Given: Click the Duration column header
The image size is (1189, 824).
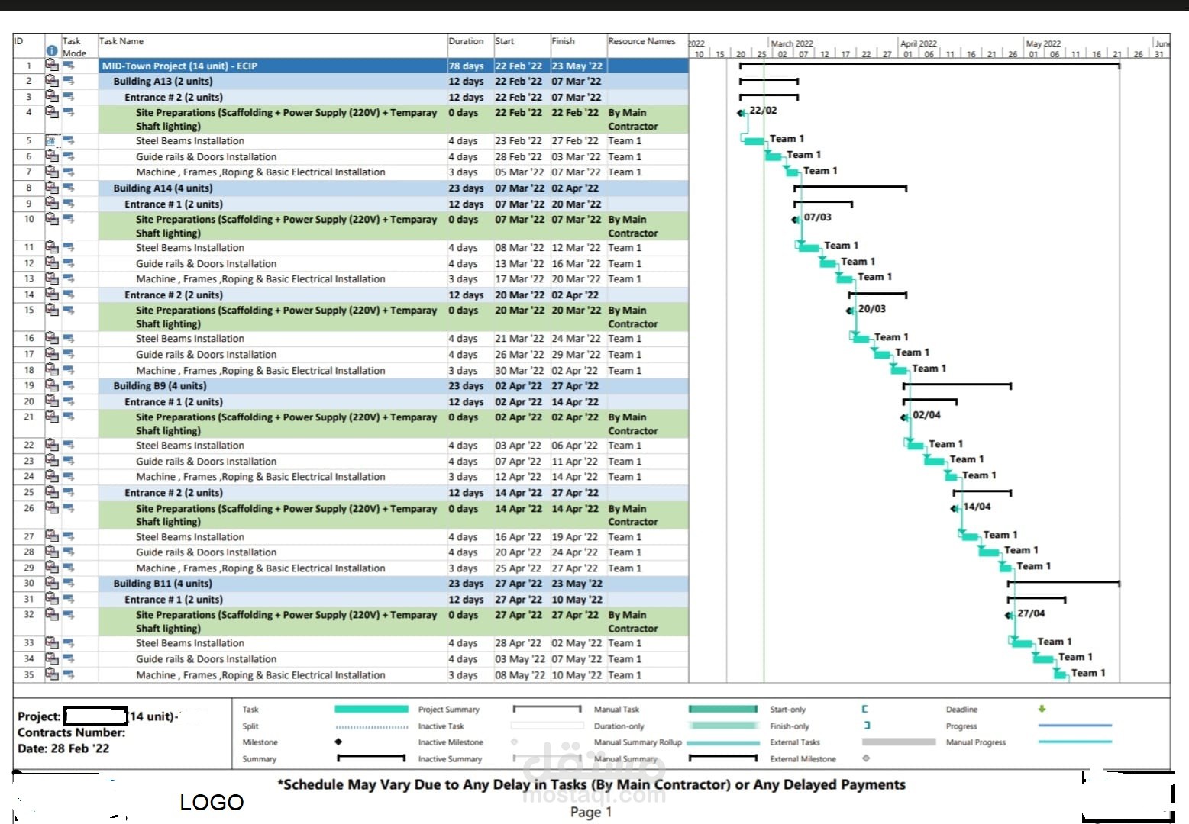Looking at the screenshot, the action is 466,41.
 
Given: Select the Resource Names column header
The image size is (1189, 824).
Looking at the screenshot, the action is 641,41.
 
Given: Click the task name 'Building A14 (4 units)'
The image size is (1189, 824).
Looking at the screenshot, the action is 163,188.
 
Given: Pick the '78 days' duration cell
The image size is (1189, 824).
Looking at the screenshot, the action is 466,66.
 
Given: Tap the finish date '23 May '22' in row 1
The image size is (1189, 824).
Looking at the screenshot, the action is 577,66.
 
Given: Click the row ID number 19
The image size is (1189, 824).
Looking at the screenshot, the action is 29,385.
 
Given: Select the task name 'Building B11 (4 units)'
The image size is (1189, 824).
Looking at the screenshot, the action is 163,583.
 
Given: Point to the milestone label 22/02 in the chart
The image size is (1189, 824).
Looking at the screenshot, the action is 763,111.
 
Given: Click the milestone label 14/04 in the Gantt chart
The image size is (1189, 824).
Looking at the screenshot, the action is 977,507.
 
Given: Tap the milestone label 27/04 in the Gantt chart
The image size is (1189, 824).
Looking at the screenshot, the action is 1031,613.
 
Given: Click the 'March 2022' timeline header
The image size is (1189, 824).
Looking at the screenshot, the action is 792,43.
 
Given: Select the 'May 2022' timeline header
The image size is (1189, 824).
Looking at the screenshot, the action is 1043,43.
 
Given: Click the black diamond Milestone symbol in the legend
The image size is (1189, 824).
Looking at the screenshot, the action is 338,742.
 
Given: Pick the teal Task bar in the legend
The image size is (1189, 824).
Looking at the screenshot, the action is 371,709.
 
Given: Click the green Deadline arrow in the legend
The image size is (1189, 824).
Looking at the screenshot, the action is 1042,708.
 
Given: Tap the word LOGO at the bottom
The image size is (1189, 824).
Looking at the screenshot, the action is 212,803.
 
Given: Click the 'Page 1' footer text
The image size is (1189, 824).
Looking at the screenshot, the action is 591,812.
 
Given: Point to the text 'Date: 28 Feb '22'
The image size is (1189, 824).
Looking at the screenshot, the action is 63,748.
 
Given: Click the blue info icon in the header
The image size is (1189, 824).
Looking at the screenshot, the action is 52,51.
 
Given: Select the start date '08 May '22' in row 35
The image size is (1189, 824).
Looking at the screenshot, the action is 519,675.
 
